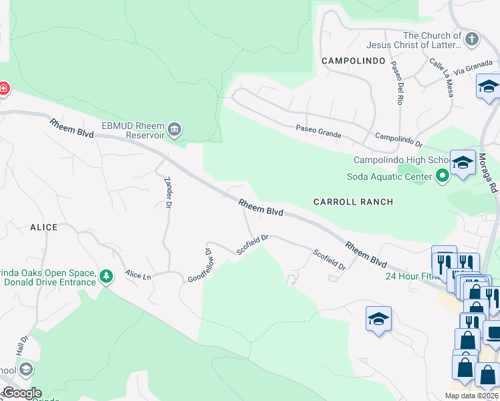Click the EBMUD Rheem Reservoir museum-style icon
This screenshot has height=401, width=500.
(x=175, y=129)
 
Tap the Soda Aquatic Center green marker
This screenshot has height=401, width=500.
(x=443, y=176)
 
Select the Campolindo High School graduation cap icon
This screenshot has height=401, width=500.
(x=463, y=162)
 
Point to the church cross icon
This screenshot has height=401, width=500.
(x=472, y=38)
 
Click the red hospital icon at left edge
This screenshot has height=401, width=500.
(x=3, y=88)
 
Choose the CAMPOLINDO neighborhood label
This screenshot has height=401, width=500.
(x=353, y=61)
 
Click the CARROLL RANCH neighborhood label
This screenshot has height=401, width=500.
(x=354, y=201)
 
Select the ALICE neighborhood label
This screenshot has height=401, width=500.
(x=43, y=227)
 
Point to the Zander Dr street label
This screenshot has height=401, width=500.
(x=168, y=192)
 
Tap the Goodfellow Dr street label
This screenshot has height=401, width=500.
(x=199, y=265)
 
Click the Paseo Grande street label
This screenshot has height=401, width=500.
(x=319, y=132)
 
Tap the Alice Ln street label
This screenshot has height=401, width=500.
(x=138, y=275)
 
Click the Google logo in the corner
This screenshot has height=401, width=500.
(x=21, y=393)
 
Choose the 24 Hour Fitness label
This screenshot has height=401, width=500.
(x=411, y=275)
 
